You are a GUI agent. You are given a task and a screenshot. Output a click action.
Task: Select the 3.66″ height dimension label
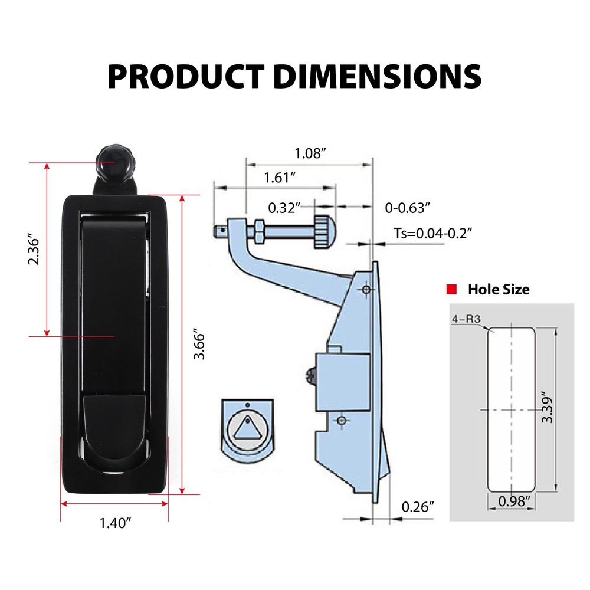(x=201, y=345)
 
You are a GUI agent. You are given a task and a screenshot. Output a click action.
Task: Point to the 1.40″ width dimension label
(x=115, y=523)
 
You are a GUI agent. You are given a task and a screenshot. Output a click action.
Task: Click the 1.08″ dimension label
(x=310, y=153)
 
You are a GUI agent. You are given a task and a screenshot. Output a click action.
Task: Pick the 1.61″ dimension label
(x=280, y=176)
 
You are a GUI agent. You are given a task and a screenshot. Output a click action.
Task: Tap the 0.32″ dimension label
(x=284, y=208)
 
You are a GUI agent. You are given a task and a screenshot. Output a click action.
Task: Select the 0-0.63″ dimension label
(x=407, y=208)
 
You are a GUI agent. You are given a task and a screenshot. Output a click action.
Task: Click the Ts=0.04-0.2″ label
(x=434, y=233)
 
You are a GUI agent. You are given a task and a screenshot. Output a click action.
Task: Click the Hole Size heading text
(x=499, y=289)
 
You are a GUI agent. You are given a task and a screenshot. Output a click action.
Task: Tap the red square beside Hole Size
(x=453, y=289)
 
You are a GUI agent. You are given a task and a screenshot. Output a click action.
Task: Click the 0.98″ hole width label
(x=512, y=501)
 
